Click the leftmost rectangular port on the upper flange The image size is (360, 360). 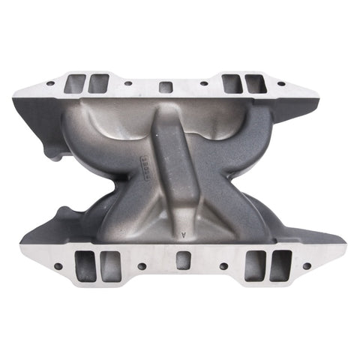78,82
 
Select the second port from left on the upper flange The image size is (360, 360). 97,83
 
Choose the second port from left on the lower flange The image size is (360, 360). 109,263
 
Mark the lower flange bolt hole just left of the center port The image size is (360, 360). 140,265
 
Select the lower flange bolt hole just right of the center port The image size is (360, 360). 223,265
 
